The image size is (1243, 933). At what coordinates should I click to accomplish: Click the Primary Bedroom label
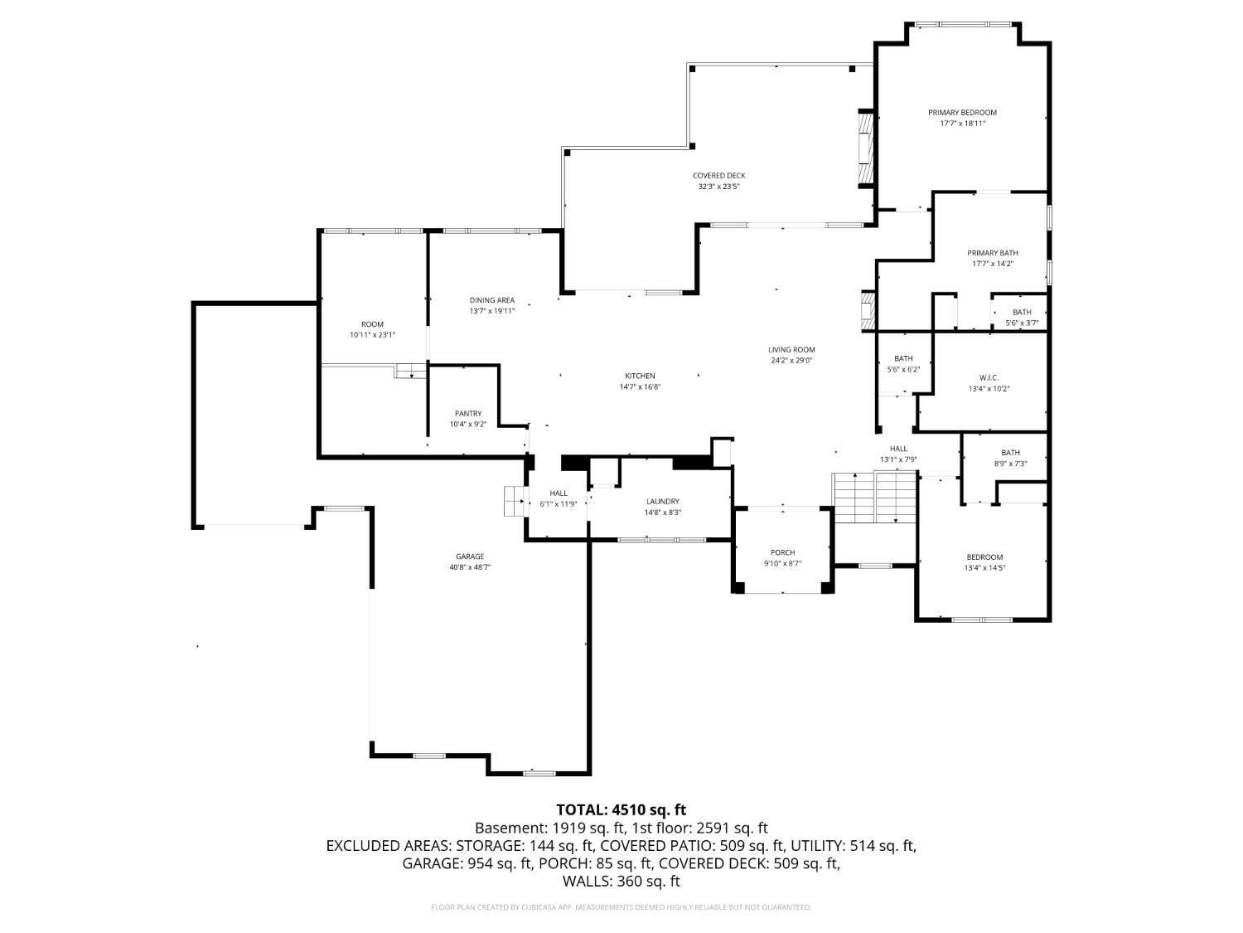coord(962,113)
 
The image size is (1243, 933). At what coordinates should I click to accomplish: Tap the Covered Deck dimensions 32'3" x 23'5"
coord(718,187)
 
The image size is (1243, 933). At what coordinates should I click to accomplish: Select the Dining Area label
coord(492,300)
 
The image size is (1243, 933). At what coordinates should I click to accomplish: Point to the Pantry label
coord(467,414)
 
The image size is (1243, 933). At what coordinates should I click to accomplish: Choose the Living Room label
coord(791,350)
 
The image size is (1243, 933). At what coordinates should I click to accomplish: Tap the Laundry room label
coord(663,502)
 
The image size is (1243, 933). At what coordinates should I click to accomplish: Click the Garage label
coord(469,556)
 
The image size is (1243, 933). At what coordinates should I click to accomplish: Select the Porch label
coord(782,552)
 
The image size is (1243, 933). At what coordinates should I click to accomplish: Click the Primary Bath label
coord(992,253)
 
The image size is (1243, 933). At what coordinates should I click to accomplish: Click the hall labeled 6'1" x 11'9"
coord(559,498)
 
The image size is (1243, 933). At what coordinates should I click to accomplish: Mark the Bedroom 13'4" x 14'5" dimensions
coord(984,568)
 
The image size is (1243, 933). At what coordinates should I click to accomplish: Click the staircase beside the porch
coord(875,498)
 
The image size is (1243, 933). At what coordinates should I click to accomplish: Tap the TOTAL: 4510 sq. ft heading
coord(621,809)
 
